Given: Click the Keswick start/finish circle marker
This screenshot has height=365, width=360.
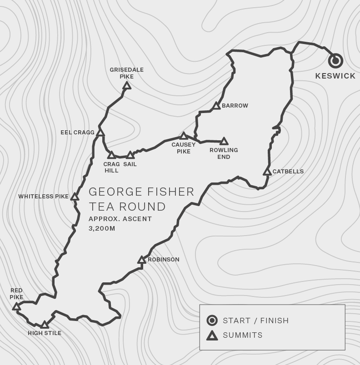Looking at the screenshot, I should (x=335, y=60).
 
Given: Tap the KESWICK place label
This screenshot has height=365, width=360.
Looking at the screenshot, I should (x=335, y=76).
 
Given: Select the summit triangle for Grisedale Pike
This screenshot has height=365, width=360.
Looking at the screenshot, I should (x=127, y=85).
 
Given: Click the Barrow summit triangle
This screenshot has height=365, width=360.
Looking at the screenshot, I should (x=216, y=106).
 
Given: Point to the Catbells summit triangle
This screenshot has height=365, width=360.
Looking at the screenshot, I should (x=267, y=172).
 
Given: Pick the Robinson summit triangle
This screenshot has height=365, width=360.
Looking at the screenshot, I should (x=142, y=260).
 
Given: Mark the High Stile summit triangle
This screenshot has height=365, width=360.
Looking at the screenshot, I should (x=45, y=325).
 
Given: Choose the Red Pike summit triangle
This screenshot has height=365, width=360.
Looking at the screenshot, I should (x=16, y=306).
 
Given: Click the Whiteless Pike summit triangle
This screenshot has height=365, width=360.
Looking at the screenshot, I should (x=75, y=197).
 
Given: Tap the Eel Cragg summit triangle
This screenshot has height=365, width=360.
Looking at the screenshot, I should (x=100, y=133).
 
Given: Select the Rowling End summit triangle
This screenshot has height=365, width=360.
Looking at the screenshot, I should (x=224, y=142).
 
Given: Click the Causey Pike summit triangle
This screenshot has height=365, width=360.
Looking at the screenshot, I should (x=184, y=136).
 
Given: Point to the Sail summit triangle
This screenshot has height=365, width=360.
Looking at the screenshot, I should (x=130, y=155).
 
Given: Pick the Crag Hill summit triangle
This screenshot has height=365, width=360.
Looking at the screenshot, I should (x=111, y=155).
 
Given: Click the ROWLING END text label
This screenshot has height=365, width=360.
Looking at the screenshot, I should (x=224, y=153).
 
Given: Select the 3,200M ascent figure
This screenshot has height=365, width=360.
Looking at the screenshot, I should (x=102, y=228).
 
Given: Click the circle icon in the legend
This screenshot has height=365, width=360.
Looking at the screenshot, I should (x=212, y=321).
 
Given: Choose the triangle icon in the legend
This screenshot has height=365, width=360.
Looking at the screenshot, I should (x=212, y=335).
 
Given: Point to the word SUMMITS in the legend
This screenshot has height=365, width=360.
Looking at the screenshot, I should (x=243, y=335).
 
